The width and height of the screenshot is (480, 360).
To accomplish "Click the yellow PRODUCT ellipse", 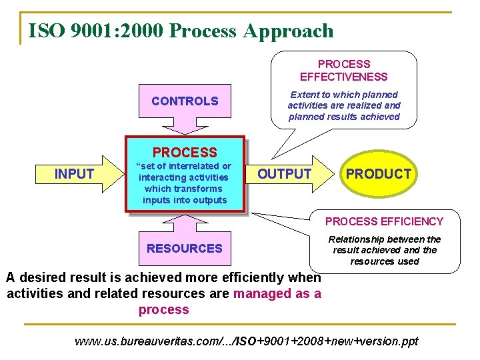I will coord(379,174).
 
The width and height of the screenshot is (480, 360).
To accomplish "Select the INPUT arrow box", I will coord(75,174).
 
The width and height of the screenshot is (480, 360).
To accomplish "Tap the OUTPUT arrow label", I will coord(284,174).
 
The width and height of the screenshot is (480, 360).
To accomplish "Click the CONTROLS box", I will coord(185,101).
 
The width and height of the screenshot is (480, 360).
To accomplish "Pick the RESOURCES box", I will coord(185,249).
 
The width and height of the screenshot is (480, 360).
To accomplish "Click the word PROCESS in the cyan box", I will coord(185,153).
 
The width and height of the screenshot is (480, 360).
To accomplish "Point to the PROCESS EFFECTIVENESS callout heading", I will coord(343,70).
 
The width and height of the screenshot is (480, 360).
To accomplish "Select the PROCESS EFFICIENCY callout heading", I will coord(384,221).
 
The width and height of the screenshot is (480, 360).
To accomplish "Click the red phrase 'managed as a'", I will coord(277,293).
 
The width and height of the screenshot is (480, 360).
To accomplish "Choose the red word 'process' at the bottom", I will coord(164,309).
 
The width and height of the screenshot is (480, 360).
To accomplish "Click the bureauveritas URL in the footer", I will coord(247,341).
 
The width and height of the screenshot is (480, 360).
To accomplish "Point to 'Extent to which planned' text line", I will coord(343,95).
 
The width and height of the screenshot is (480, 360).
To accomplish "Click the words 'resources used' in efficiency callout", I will coord(385,261).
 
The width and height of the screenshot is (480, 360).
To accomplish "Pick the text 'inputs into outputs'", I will coord(185,200).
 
